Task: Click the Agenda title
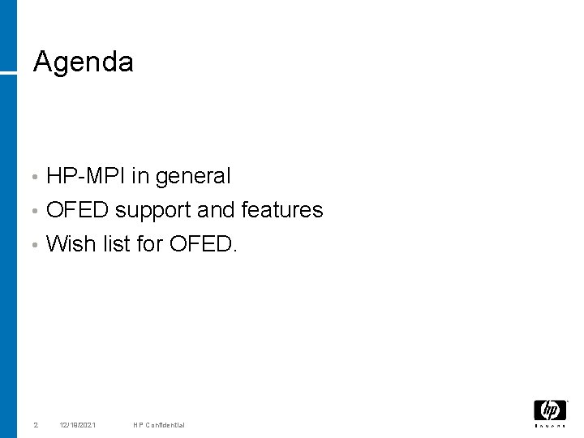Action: [x=83, y=62]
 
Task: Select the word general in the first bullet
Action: [x=193, y=176]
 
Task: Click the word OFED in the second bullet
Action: [x=78, y=210]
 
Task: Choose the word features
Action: [x=282, y=210]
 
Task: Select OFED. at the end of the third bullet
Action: [x=204, y=244]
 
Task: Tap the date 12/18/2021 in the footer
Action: [x=79, y=425]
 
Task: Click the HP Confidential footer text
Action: [x=160, y=425]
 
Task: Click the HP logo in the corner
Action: [x=550, y=410]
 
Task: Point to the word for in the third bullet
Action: [x=150, y=244]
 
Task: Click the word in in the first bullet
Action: [x=141, y=175]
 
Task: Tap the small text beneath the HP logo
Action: [x=550, y=425]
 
